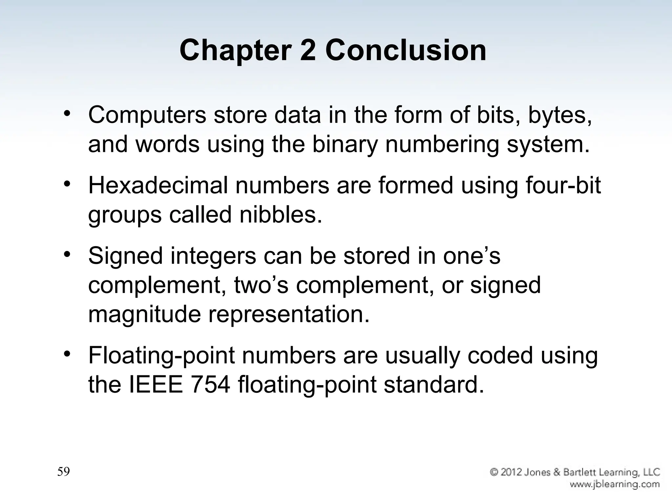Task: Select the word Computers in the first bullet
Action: [147, 115]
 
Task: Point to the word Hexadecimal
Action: [158, 186]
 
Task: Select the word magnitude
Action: [144, 314]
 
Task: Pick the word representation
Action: [289, 314]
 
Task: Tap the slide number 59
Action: [64, 472]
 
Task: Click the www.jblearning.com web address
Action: [614, 484]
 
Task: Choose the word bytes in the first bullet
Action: [560, 115]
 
